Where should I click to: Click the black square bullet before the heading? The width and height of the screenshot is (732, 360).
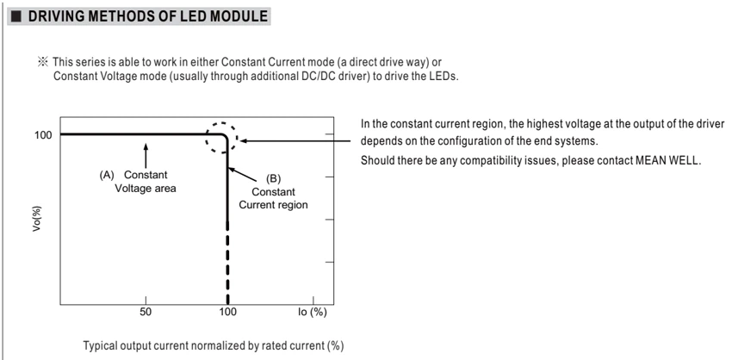(16, 17)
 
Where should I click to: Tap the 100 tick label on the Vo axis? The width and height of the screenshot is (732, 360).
(42, 135)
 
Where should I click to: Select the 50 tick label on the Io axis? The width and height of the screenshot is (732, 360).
(146, 312)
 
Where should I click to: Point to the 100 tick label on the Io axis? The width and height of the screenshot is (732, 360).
(227, 312)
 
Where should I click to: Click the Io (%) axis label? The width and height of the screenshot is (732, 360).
(312, 312)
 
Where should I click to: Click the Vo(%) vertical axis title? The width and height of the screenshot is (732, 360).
(37, 220)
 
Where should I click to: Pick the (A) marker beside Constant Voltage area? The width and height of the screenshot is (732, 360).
(107, 175)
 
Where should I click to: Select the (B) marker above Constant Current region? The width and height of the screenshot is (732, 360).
(273, 178)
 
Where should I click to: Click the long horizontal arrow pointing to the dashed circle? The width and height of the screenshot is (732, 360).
(295, 141)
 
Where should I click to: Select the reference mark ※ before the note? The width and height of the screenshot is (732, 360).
(43, 62)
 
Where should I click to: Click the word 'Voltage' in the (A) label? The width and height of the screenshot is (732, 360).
(131, 189)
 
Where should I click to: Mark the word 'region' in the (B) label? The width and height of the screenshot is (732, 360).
(294, 205)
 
